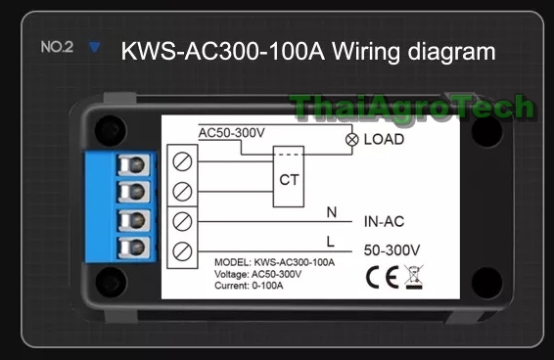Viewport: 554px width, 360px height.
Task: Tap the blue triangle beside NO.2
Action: pos(94,46)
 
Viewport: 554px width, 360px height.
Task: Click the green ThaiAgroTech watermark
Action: pos(411,106)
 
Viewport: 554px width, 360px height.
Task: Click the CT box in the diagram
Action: pos(289,180)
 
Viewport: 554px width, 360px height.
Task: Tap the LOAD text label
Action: pos(384,140)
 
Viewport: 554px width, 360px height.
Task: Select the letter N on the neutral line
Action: pos(331,210)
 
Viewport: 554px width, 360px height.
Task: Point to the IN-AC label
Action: pos(384,221)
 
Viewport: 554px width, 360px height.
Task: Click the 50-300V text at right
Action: pos(392,250)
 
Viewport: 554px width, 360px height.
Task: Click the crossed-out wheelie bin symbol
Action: pos(413,276)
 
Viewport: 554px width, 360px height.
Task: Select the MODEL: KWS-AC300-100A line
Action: pos(274,263)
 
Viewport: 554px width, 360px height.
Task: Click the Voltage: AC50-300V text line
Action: pos(256,274)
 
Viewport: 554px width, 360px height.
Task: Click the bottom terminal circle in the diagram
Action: pos(182,251)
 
